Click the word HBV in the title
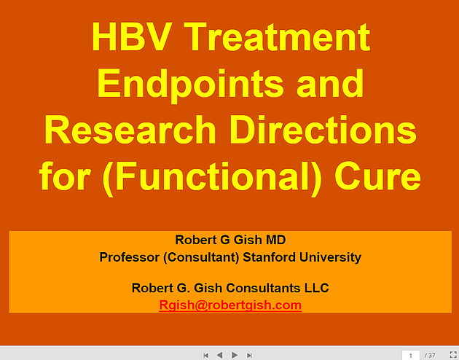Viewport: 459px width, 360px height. coord(131,37)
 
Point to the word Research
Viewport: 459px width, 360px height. coord(130,130)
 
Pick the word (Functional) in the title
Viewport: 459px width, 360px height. coord(212,177)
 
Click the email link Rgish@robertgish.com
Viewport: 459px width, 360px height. coord(230,305)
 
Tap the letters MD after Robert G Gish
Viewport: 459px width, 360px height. coord(275,240)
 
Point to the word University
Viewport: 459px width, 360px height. coord(330,257)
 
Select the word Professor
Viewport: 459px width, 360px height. coord(130,257)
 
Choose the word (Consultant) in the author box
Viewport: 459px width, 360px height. coord(201,257)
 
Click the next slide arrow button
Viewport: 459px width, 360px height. coord(235,355)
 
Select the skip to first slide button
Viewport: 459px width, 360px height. coord(205,356)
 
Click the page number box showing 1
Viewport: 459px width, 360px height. coord(410,356)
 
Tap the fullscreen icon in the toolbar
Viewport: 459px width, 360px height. coord(453,355)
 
